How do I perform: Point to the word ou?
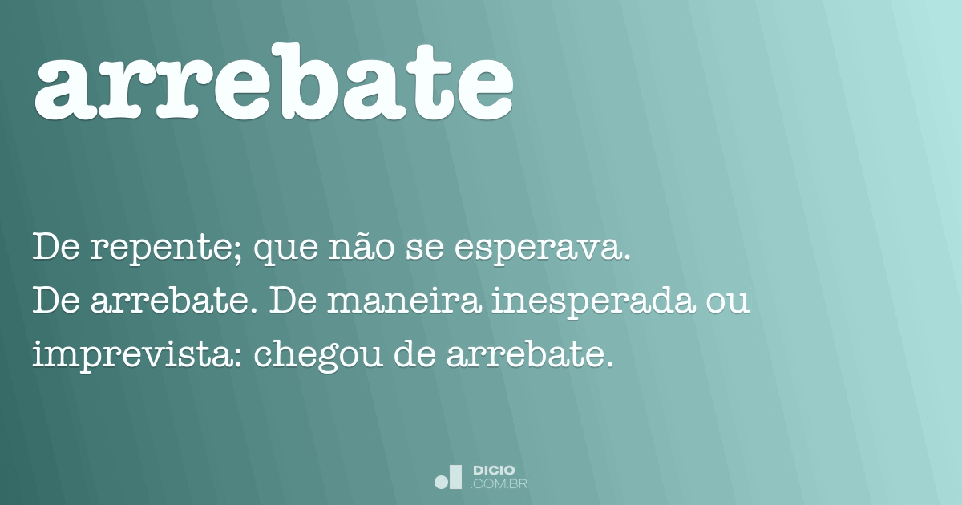coord(730,305)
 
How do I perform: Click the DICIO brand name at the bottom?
coord(495,470)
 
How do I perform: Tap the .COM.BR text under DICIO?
coord(499,483)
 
